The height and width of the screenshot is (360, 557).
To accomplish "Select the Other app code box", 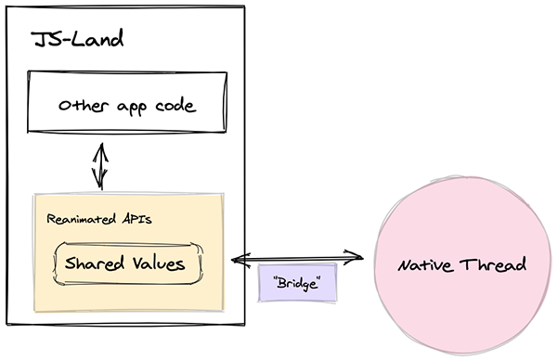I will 126,106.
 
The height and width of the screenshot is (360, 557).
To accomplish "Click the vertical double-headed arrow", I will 98,165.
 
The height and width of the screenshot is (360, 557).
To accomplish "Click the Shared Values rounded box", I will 126,263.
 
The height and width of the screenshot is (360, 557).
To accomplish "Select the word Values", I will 158,263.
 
